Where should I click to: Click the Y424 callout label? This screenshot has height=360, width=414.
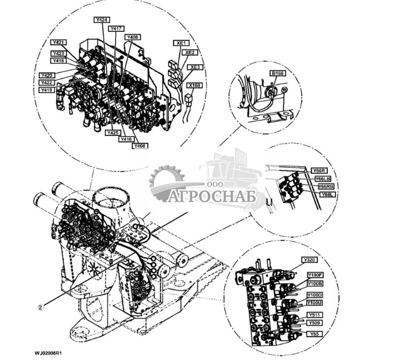tap(102, 20)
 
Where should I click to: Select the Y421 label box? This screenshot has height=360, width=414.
tap(59, 42)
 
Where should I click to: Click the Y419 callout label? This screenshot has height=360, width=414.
tap(47, 90)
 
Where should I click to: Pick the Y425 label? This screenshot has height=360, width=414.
tap(113, 133)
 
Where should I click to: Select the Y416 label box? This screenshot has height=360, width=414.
tap(127, 139)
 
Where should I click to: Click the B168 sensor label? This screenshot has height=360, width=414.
tap(277, 73)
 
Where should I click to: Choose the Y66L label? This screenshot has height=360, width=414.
tap(327, 195)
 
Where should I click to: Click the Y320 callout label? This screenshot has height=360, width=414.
tap(309, 260)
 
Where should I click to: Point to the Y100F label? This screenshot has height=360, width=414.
tap(315, 275)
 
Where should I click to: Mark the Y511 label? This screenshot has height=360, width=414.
tap(315, 315)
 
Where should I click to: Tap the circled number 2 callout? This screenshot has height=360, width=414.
tap(41, 306)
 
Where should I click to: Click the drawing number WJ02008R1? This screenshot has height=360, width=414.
tap(51, 353)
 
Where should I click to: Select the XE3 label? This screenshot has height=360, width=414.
tap(195, 67)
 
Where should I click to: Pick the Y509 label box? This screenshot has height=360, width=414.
tap(315, 323)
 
